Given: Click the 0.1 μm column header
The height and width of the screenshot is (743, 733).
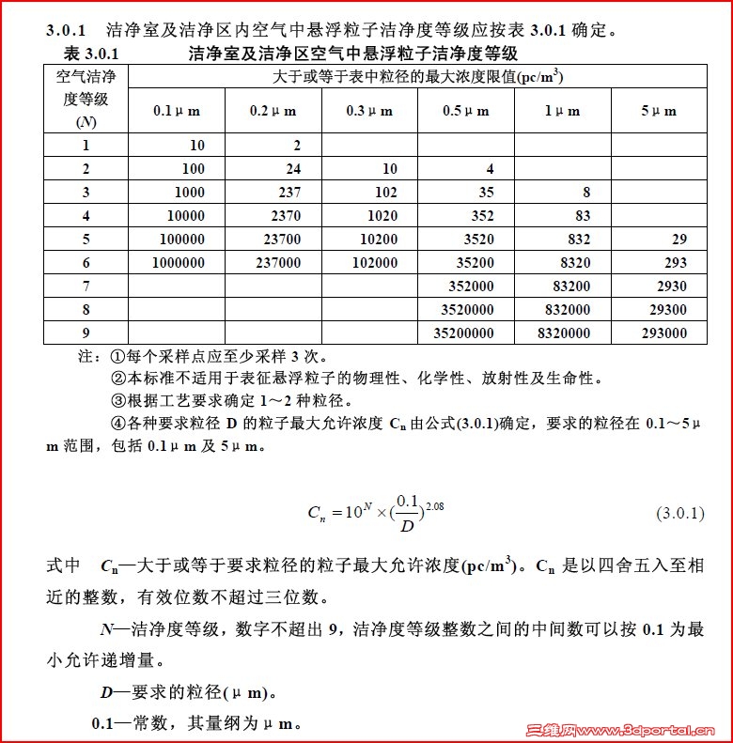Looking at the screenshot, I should (177, 111).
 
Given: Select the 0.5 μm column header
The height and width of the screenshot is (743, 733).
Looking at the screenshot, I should (466, 111).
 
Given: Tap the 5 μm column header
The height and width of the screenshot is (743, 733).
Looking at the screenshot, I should (659, 111).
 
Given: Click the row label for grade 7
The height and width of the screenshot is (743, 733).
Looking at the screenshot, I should (86, 286).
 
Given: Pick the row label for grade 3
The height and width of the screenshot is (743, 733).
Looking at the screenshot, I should (86, 192).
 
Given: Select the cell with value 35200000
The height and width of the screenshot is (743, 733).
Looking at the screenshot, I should (463, 333).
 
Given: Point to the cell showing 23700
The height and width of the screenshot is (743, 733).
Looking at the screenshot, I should (277, 240).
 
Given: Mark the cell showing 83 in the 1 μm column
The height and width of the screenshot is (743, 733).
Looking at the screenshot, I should (583, 216).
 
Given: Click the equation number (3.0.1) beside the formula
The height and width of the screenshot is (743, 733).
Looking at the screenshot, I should (679, 514).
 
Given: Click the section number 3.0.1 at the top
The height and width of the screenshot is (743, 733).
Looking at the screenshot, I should (66, 30).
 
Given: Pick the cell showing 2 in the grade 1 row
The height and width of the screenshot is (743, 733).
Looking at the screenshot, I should (297, 145).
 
